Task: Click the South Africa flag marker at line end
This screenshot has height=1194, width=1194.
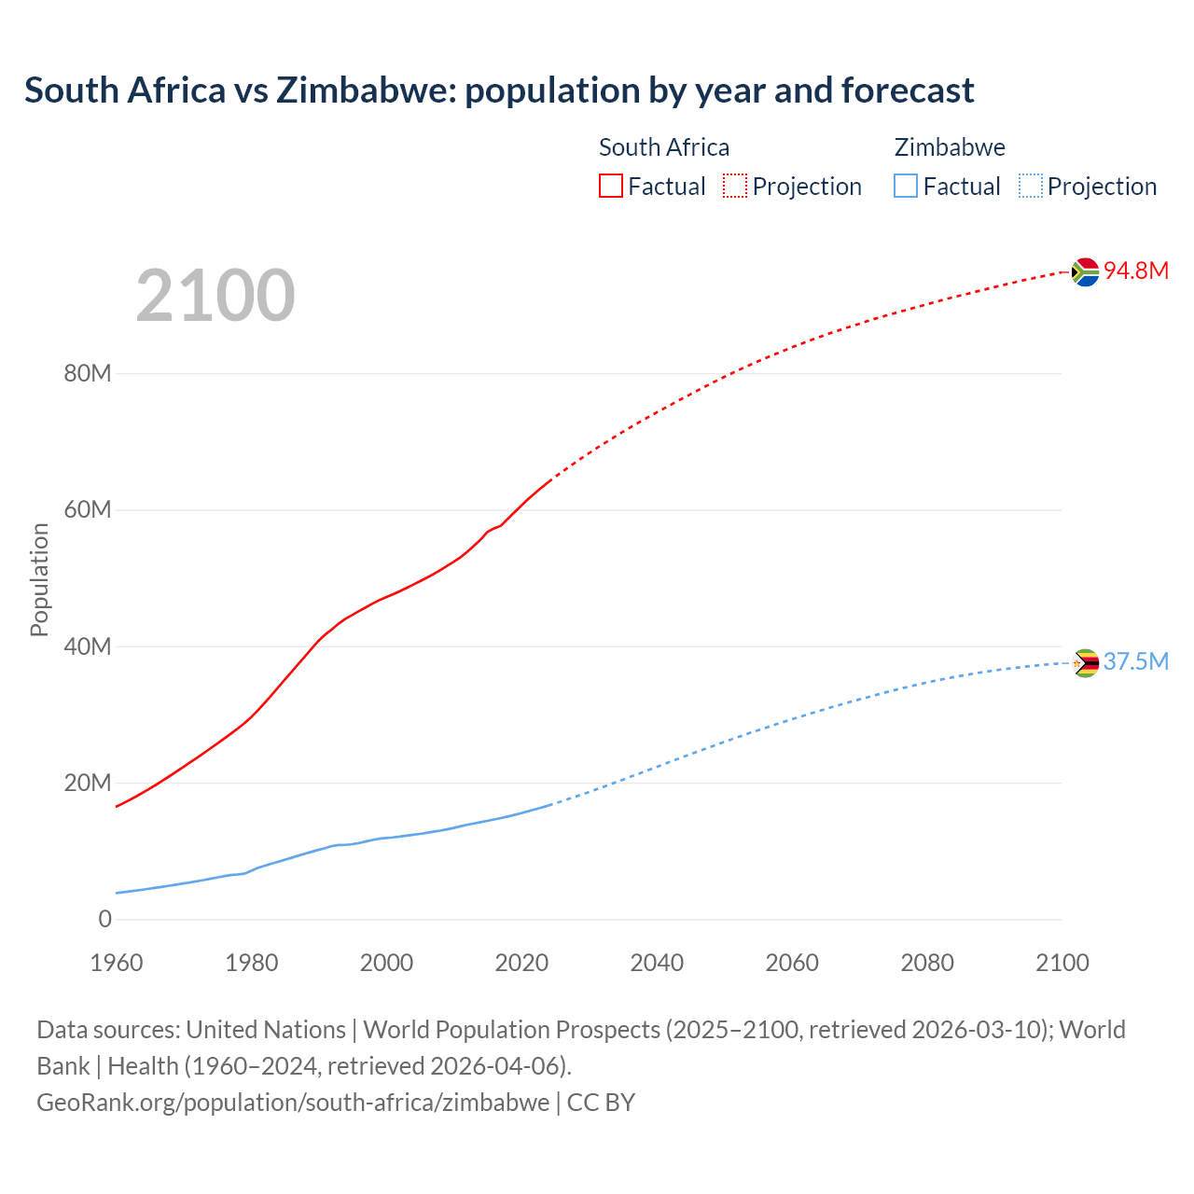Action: click(x=1085, y=271)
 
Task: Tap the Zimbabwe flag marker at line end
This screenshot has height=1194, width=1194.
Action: click(x=1085, y=663)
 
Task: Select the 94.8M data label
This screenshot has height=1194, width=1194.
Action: click(x=1136, y=271)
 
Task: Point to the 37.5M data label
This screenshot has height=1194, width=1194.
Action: click(x=1136, y=661)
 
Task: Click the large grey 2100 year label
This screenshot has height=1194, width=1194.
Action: click(x=215, y=296)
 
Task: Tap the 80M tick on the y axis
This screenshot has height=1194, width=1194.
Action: click(x=88, y=373)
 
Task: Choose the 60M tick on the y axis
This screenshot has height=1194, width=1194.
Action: click(x=88, y=509)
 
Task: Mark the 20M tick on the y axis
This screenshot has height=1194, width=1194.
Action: click(x=88, y=783)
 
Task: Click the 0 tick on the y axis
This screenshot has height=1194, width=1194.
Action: click(x=104, y=919)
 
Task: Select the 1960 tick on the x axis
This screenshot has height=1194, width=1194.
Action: click(x=117, y=963)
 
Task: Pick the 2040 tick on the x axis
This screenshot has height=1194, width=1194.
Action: click(x=657, y=963)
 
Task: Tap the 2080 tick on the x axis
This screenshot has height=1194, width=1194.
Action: click(x=927, y=963)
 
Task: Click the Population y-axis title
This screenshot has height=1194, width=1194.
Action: click(x=39, y=579)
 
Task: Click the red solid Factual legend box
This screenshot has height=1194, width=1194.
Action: click(x=611, y=186)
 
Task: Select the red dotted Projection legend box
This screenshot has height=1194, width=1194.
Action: click(x=735, y=186)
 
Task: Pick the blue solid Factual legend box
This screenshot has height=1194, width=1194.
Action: click(x=906, y=186)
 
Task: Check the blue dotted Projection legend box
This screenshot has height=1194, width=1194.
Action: click(x=1030, y=186)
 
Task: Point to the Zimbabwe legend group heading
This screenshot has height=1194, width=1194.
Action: click(x=950, y=147)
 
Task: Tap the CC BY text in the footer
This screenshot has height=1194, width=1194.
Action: click(x=601, y=1102)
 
